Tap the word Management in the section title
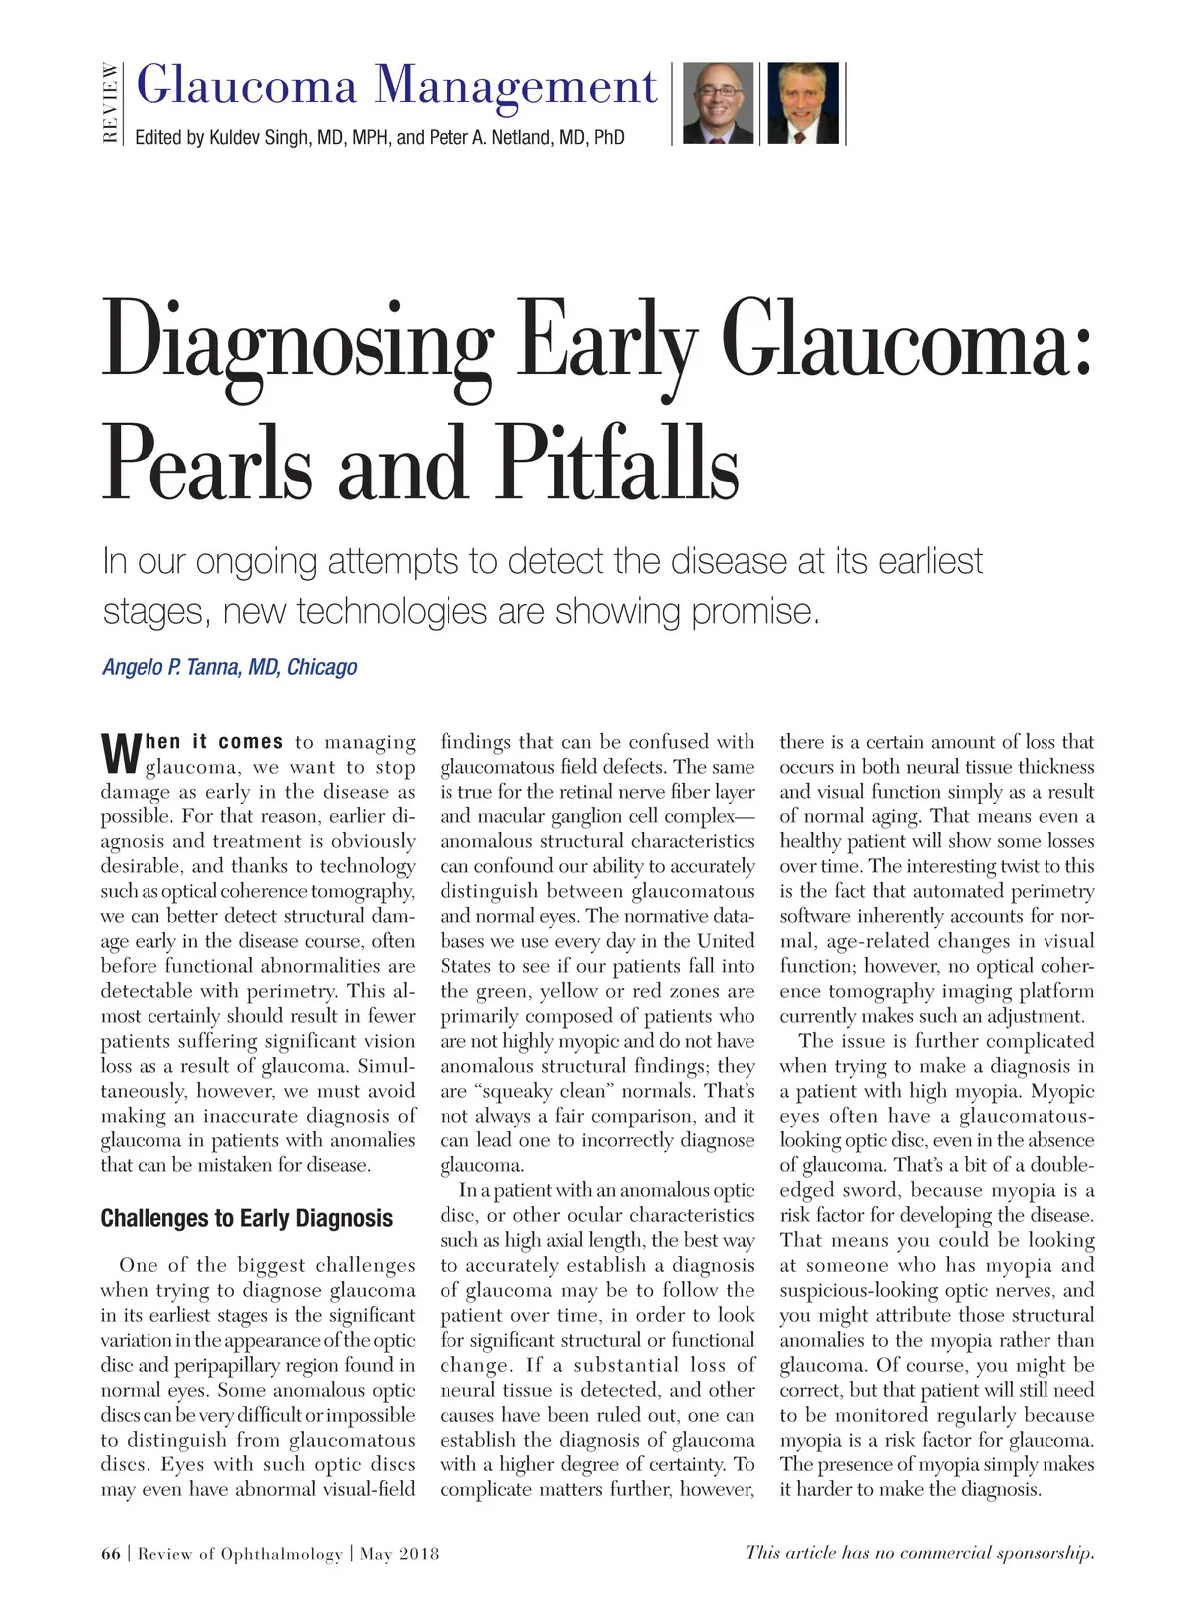516,85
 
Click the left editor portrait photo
718,104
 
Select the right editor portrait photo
803,104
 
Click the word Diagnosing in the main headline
298,341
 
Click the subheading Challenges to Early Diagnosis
246,1218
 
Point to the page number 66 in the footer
110,1553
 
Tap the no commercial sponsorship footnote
920,1552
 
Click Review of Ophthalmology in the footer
239,1553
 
